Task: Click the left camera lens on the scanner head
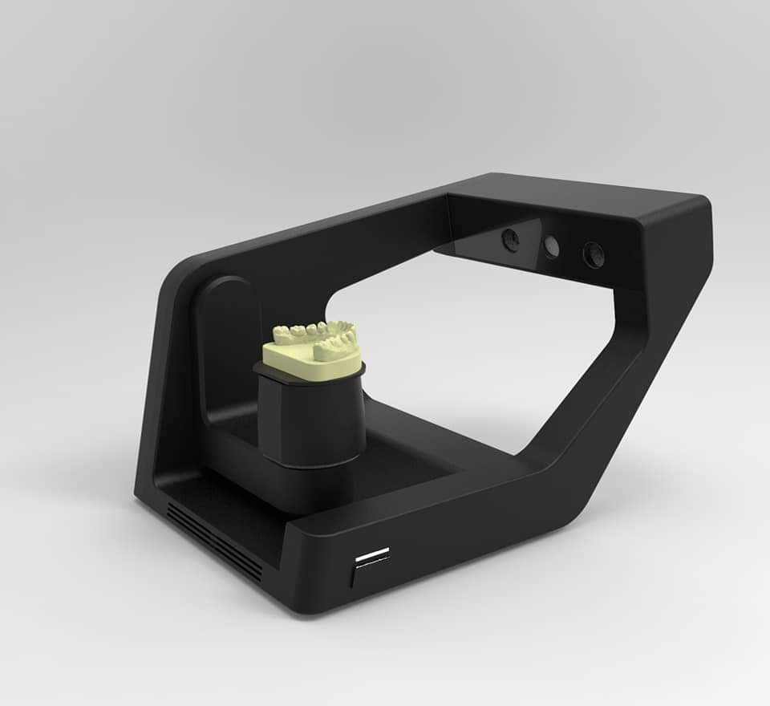(510, 238)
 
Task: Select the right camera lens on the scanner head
(594, 255)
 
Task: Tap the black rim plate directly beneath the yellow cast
(310, 377)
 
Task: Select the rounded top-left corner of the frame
(180, 273)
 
